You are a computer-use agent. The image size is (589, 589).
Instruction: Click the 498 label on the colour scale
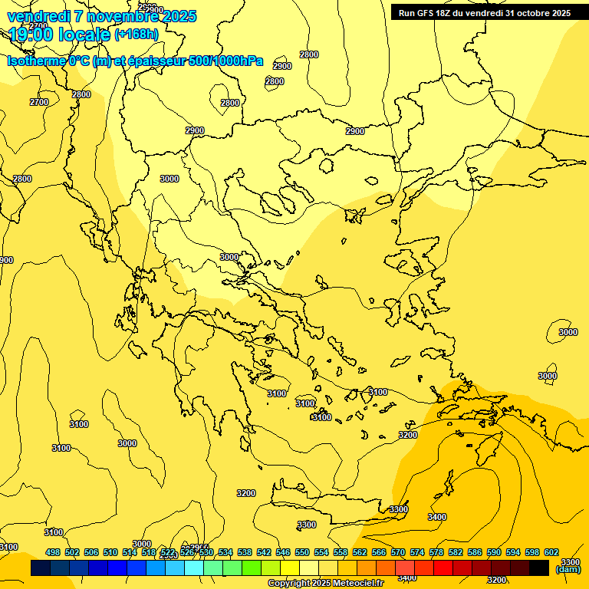[52, 552]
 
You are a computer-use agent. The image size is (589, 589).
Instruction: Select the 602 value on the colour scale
[551, 552]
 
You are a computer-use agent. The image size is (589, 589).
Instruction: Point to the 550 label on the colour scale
[301, 552]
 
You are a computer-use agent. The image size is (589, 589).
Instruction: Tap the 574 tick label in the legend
[416, 552]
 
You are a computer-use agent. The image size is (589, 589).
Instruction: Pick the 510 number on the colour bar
[110, 552]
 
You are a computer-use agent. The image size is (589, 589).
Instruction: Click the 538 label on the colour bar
[244, 552]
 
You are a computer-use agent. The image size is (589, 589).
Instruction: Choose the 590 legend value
[493, 552]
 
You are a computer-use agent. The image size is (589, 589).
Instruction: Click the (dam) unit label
[568, 569]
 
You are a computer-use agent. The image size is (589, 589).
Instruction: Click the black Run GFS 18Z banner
[484, 13]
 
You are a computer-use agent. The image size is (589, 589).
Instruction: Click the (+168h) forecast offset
[137, 35]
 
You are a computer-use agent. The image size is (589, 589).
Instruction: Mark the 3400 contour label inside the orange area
[436, 518]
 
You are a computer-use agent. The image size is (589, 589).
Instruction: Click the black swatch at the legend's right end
[539, 568]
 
